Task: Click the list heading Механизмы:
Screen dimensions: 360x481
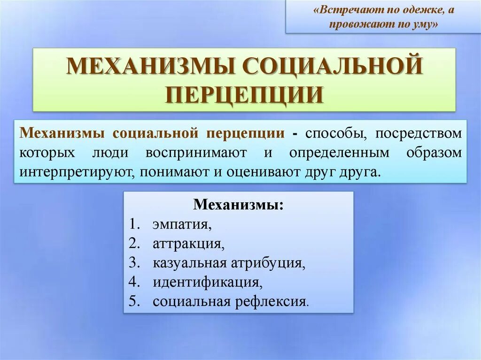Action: tap(239, 205)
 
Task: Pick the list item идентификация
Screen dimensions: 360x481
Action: tap(207, 282)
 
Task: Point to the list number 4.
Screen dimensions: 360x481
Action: tap(134, 282)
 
